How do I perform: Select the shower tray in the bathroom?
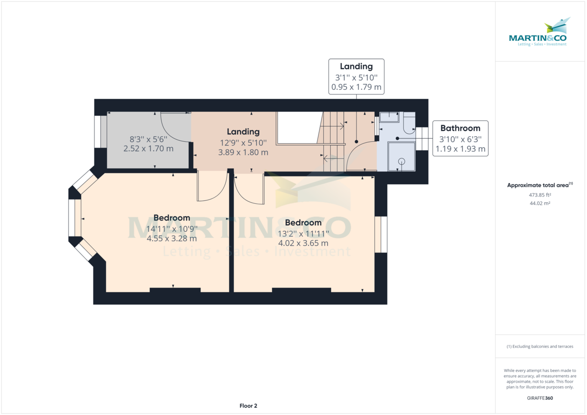pyautogui.click(x=401, y=156)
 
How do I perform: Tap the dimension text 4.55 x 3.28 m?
pyautogui.click(x=172, y=239)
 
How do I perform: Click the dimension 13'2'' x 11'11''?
pyautogui.click(x=303, y=234)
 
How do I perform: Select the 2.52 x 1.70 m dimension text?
pyautogui.click(x=148, y=149)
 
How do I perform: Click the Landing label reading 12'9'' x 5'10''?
pyautogui.click(x=243, y=143)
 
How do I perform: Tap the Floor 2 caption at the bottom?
pyautogui.click(x=248, y=406)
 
